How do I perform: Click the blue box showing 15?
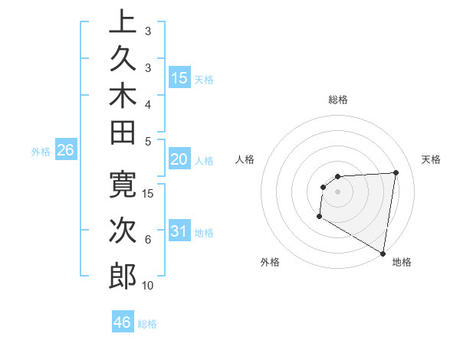[x=179, y=78]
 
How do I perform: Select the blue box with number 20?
[x=179, y=159]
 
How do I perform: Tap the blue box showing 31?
[x=179, y=231]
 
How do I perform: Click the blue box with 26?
[x=65, y=151]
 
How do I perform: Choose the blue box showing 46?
[x=122, y=322]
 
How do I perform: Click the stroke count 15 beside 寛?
[x=149, y=194]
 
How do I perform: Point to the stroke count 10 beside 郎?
[x=148, y=286]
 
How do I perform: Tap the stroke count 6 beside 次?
[x=148, y=240]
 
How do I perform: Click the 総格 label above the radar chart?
[x=338, y=100]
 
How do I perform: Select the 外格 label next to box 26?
[x=41, y=152]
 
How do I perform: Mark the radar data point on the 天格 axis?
[x=396, y=172]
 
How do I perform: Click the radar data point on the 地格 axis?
[x=383, y=253]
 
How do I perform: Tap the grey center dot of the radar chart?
[x=337, y=191]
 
